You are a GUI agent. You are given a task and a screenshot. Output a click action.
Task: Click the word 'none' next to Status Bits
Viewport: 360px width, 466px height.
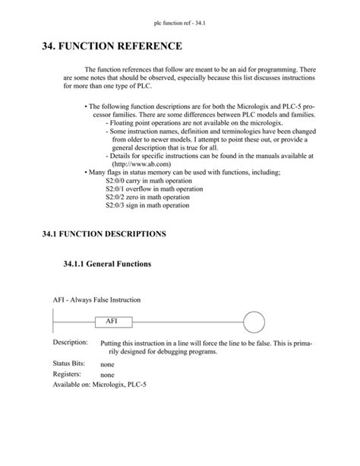pos(108,365)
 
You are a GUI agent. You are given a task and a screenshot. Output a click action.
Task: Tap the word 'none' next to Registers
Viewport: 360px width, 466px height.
pos(108,376)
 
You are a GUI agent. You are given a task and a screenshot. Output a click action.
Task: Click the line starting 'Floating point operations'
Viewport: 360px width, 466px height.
pos(176,122)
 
